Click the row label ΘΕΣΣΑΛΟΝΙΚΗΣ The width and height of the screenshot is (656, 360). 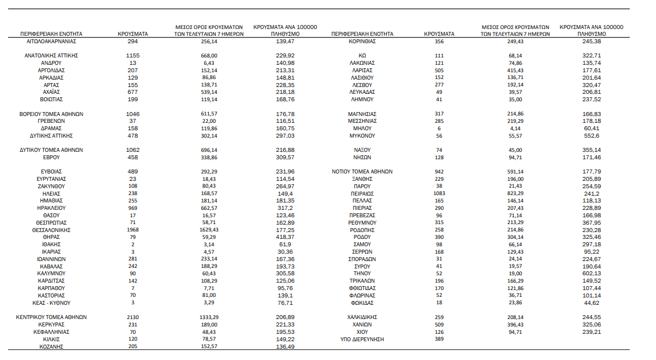[51, 230]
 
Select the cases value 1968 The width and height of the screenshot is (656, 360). [133, 230]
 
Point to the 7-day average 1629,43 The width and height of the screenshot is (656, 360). [209, 230]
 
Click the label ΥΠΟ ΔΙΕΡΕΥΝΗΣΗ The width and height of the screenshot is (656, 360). [362, 339]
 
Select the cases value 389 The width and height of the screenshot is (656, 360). [439, 339]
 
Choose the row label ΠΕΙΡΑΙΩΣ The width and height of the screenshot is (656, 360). [362, 193]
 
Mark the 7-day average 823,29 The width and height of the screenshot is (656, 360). [515, 193]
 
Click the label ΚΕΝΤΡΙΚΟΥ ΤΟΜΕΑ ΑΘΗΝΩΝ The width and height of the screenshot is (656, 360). [51, 317]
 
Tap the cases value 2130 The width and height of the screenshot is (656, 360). [133, 317]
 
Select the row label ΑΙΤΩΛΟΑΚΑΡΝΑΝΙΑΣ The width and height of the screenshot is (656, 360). [51, 42]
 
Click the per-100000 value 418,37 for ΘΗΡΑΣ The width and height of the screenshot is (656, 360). [284, 237]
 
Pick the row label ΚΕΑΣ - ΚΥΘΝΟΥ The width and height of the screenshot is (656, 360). [51, 303]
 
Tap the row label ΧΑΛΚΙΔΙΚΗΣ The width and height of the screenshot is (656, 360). [362, 317]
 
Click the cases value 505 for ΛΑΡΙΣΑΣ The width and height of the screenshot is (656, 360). [439, 71]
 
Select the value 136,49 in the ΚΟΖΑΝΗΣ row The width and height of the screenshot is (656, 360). [284, 346]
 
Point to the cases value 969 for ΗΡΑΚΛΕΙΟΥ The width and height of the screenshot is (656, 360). [133, 208]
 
